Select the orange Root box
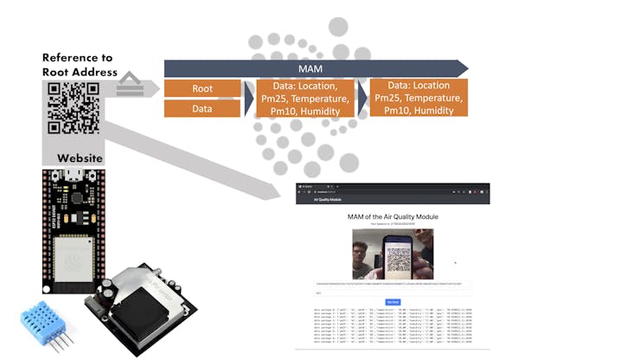(x=202, y=88)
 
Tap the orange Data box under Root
(x=202, y=109)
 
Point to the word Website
(x=80, y=158)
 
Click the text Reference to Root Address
(x=80, y=65)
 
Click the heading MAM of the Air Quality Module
(x=393, y=216)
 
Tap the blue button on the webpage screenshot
(x=393, y=301)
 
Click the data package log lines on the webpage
(x=393, y=325)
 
